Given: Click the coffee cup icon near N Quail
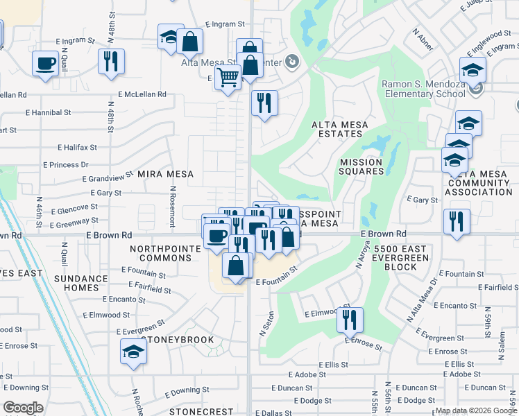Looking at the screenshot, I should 46,64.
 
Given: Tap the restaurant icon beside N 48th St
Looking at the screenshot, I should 111,62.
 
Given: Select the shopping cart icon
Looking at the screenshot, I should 228,78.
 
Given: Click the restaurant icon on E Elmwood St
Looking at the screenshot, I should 349,319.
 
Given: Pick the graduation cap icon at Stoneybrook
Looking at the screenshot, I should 133,352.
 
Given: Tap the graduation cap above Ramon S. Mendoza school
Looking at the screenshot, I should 473,70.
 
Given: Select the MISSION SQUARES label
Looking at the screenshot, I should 361,166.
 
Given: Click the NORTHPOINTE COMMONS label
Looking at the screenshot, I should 161,253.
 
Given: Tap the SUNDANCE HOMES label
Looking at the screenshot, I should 82,284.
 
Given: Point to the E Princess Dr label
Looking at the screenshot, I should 65,165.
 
